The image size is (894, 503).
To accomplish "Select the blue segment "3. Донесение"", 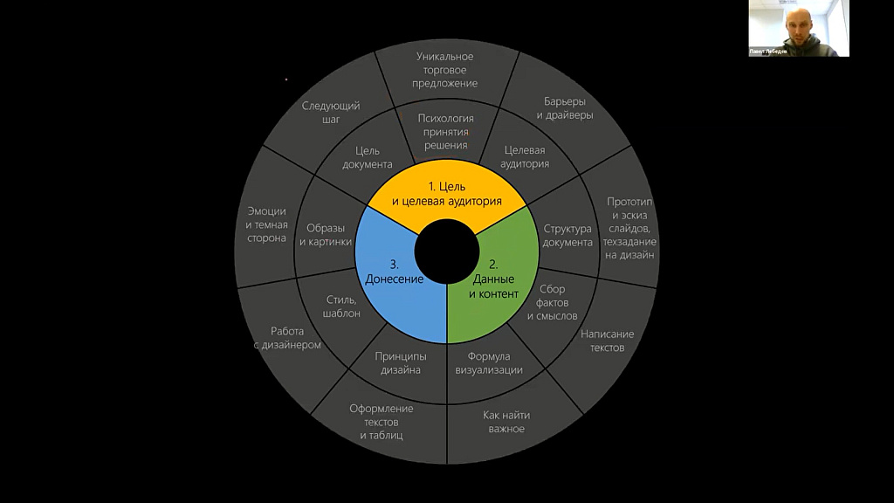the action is [395, 272].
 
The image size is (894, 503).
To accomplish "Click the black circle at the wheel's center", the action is [447, 251].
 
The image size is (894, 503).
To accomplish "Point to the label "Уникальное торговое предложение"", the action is [444, 70].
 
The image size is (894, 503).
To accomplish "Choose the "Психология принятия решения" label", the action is [446, 132].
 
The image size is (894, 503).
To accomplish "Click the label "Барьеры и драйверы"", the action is [565, 107].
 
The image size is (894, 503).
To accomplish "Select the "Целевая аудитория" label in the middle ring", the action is [525, 157].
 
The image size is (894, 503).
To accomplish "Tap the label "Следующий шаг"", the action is [331, 113].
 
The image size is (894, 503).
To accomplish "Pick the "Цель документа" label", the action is [368, 157].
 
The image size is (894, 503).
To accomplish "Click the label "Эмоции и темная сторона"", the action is [266, 224].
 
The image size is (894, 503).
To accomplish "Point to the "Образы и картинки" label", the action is [326, 234].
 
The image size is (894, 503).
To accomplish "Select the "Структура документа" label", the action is [567, 236].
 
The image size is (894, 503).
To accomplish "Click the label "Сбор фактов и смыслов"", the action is [552, 302].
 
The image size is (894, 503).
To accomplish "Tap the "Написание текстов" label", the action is [608, 341].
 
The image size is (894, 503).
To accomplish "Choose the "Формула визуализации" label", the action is [489, 362].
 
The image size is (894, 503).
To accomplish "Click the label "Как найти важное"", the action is [506, 422].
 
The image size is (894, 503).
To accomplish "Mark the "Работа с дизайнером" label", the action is [287, 338].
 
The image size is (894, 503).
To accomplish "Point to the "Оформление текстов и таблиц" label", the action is [382, 422].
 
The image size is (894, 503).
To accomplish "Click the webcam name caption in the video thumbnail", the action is [768, 52].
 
